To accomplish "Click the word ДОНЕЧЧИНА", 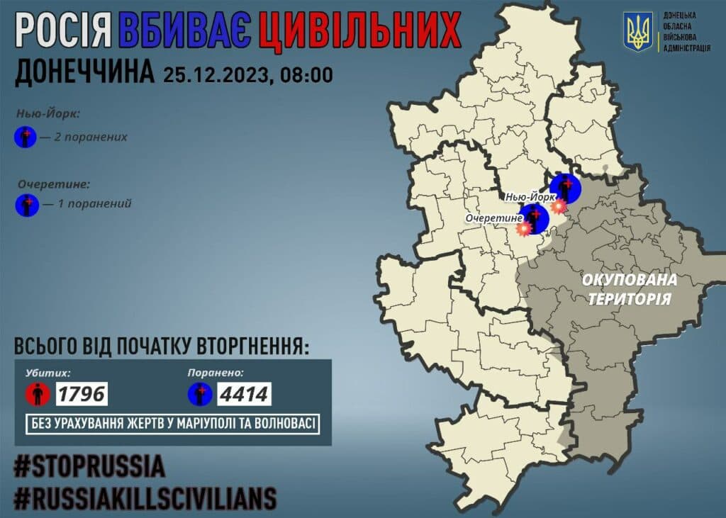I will pos(84,73).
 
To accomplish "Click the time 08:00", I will pos(306,74).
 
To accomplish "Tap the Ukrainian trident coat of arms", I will pos(637,32).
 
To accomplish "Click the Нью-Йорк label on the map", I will pos(528,196).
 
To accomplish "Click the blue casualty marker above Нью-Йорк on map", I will pos(566,188).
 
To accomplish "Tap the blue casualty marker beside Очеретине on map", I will pos(535,218).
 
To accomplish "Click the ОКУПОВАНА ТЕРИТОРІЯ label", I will pos(629,288).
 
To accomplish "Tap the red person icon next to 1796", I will pos(38,393).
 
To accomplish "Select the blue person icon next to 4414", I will pos(201,393).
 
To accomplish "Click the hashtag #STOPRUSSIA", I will pos(90,467).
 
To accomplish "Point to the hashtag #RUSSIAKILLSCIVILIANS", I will pos(145,499).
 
